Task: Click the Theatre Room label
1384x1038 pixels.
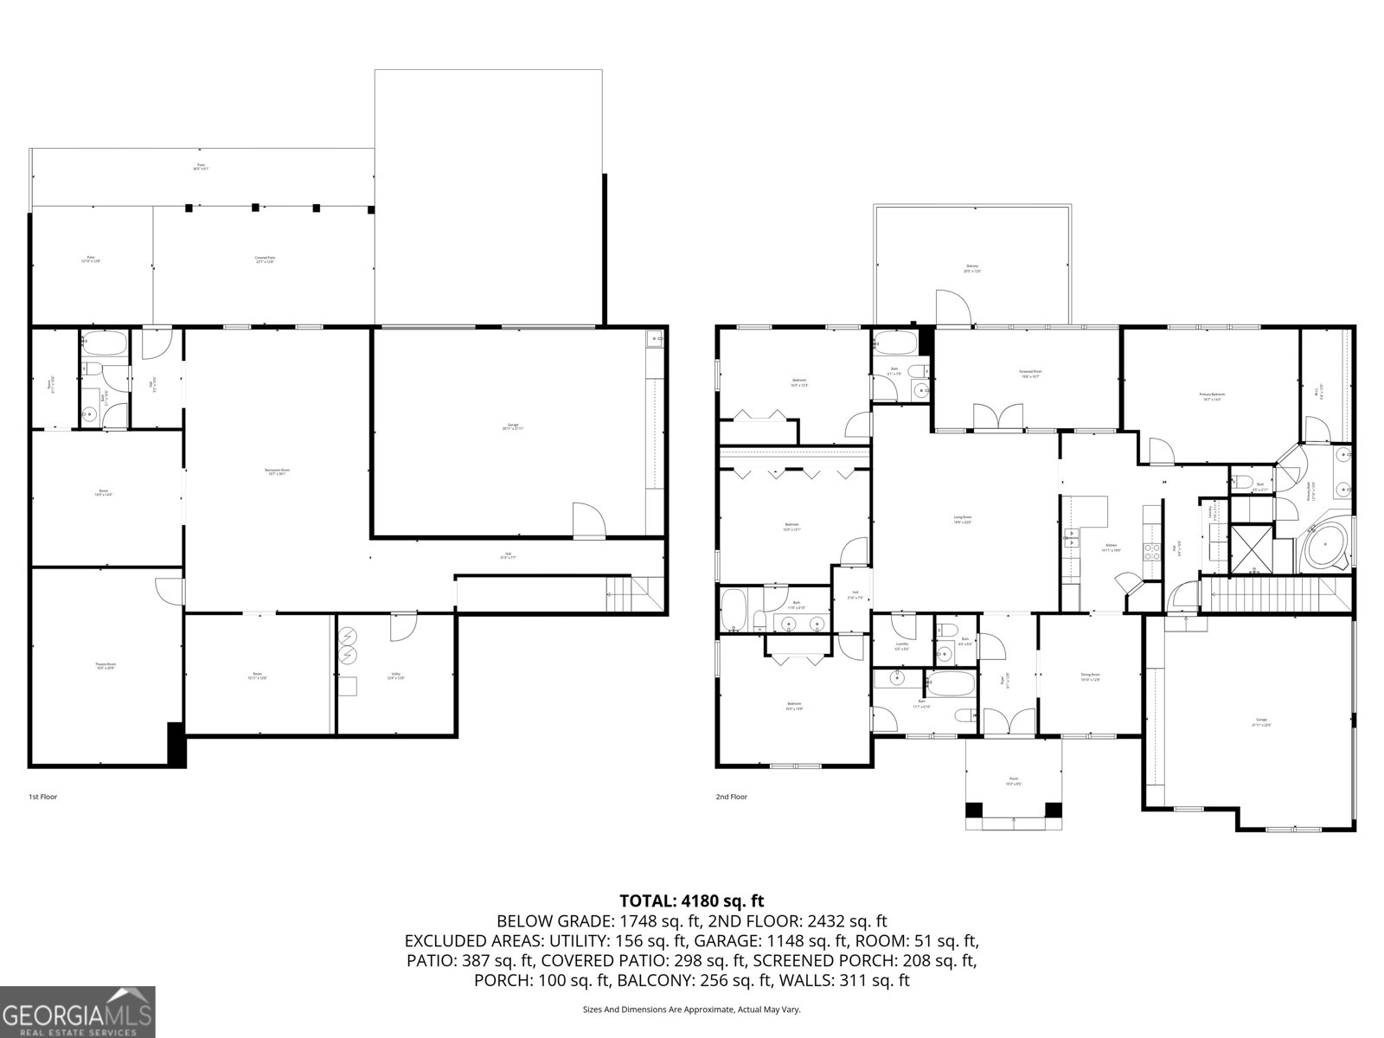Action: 106,666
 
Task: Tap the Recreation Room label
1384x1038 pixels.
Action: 277,472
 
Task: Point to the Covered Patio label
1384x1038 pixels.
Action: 265,259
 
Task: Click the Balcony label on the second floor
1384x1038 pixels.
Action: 972,268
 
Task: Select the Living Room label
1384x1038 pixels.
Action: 963,520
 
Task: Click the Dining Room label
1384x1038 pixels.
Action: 1090,676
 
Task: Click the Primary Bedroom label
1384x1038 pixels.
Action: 1212,396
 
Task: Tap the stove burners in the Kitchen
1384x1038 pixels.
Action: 1152,551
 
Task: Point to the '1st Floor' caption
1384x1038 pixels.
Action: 42,797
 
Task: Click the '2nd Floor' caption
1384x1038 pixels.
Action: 732,797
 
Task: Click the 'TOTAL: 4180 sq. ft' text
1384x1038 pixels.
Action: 692,900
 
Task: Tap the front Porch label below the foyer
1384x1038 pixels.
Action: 1014,781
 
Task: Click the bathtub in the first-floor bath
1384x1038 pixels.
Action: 104,347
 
